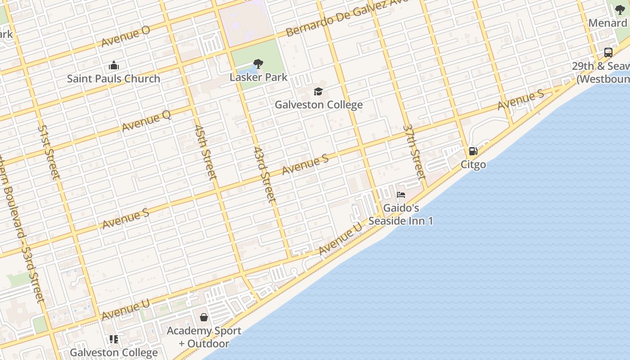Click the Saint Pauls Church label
pos(113,79)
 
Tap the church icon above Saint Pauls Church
pos(113,66)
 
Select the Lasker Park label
pos(258,77)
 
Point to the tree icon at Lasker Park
pos(258,63)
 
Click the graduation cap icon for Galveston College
pos(319,92)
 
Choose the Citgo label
pos(473,165)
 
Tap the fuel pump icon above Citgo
pos(473,151)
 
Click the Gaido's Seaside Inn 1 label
pos(401,215)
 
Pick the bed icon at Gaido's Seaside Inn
pos(401,195)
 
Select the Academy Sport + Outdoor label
pos(204,337)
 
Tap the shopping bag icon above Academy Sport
pos(204,317)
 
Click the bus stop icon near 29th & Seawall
pos(608,52)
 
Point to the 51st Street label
pos(48,152)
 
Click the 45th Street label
pos(206,152)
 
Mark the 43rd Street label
pos(264,174)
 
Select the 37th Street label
pos(414,151)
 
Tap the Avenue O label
pos(126,36)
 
